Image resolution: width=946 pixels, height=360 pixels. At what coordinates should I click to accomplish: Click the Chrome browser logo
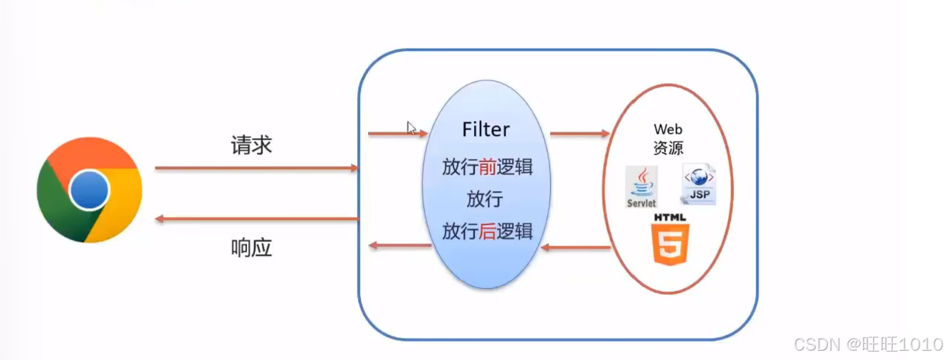pyautogui.click(x=89, y=190)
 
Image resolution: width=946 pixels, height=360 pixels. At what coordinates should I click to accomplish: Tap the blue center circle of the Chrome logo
pyautogui.click(x=90, y=190)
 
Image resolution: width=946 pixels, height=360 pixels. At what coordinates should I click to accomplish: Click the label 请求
pyautogui.click(x=251, y=146)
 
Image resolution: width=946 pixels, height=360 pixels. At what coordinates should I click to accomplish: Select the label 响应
pyautogui.click(x=251, y=248)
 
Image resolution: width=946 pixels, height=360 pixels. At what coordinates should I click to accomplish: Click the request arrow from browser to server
pyautogui.click(x=256, y=169)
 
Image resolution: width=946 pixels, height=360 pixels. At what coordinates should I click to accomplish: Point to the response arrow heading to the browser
pyautogui.click(x=256, y=218)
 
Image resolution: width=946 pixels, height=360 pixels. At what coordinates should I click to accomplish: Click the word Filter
pyautogui.click(x=486, y=129)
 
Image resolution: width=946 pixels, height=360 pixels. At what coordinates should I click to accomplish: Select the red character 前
pyautogui.click(x=487, y=168)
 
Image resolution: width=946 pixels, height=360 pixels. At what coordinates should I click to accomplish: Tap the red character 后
pyautogui.click(x=487, y=231)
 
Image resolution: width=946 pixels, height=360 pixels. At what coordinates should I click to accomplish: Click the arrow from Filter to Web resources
pyautogui.click(x=579, y=133)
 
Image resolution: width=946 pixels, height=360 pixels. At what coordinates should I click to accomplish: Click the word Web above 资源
pyautogui.click(x=668, y=129)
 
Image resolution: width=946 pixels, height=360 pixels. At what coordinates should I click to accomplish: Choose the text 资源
pyautogui.click(x=668, y=149)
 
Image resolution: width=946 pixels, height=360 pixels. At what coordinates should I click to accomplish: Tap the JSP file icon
pyautogui.click(x=698, y=184)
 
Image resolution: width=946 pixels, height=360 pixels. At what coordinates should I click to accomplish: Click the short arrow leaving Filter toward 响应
pyautogui.click(x=399, y=246)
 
